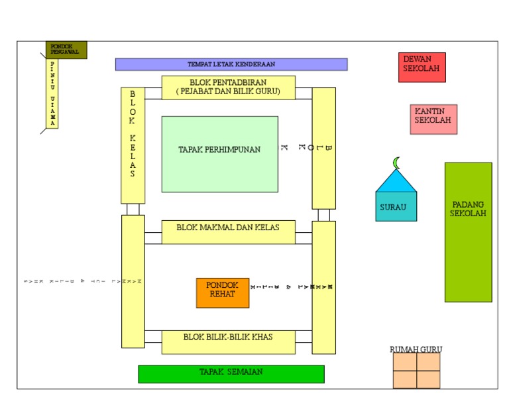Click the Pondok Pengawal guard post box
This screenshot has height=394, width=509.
click(66, 50)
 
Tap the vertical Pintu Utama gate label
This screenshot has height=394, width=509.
click(52, 94)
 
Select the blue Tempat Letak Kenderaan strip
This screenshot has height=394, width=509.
click(231, 64)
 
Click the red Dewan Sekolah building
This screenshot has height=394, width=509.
click(422, 67)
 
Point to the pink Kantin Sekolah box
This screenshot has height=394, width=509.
click(433, 119)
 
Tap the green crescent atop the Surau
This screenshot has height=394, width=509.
click(397, 163)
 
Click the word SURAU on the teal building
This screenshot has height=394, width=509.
click(393, 207)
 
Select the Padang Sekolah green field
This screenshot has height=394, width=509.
click(468, 232)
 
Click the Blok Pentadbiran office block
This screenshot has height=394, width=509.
click(228, 88)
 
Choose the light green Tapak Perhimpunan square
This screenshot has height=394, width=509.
click(219, 154)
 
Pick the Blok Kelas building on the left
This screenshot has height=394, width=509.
click(133, 145)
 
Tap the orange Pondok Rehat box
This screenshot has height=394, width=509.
click(222, 293)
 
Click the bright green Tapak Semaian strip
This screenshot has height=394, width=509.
click(231, 373)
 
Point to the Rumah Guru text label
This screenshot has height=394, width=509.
click(416, 349)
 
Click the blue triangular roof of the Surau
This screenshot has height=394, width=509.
click(396, 181)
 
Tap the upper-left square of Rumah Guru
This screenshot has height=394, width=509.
click(404, 361)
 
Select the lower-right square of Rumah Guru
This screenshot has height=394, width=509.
click(428, 379)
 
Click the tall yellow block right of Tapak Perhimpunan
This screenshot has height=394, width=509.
click(323, 148)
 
